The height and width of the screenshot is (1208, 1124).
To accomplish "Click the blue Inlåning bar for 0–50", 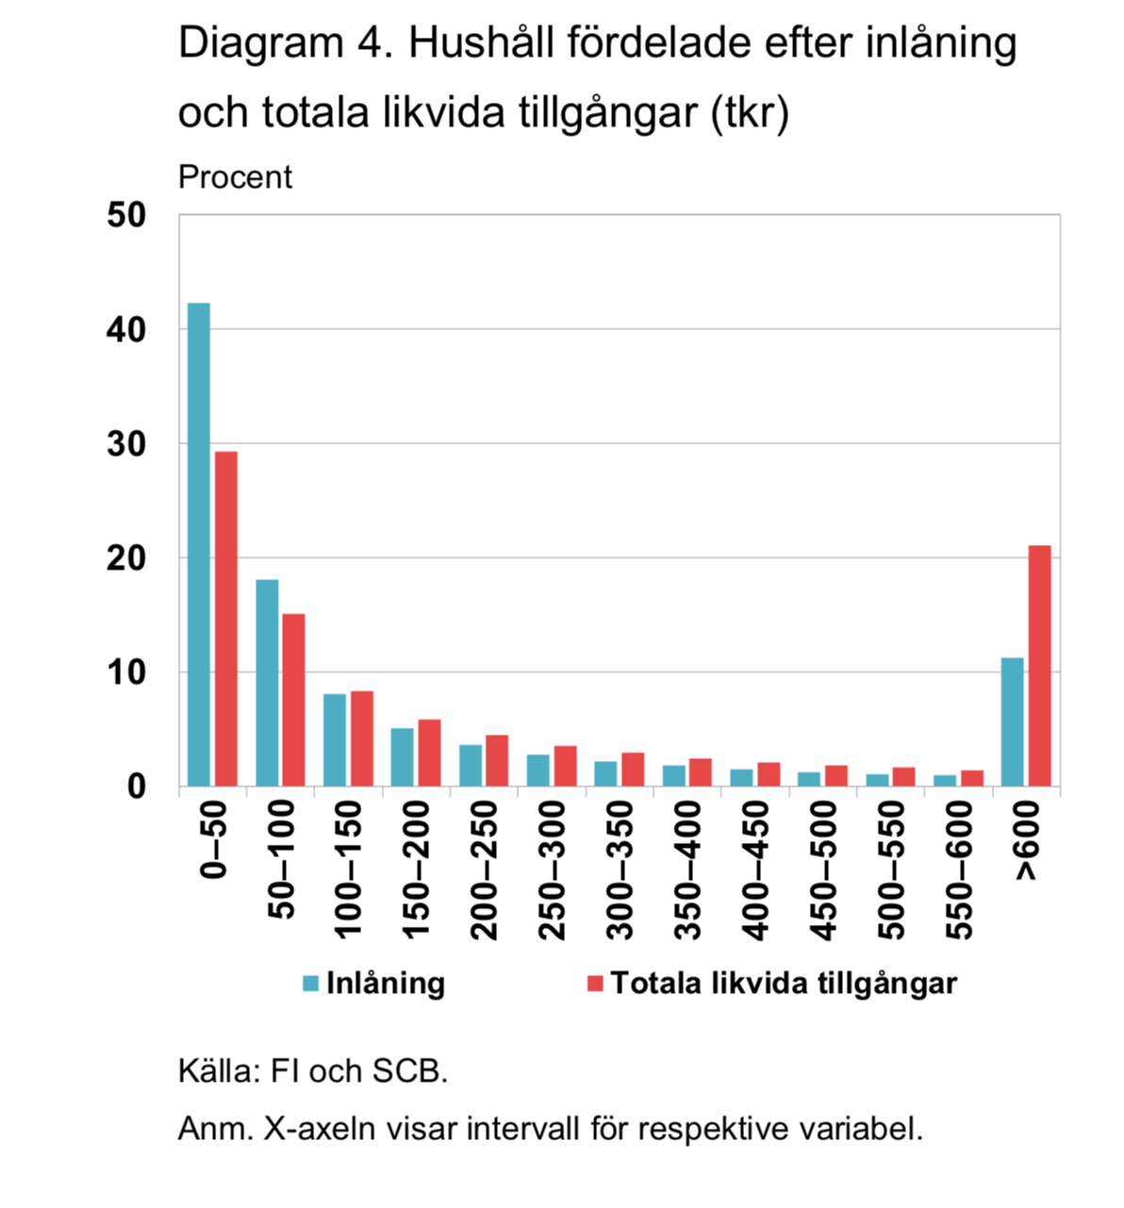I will (199, 544).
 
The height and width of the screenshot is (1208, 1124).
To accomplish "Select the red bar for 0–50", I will (226, 619).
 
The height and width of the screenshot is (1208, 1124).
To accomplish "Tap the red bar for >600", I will (1039, 666).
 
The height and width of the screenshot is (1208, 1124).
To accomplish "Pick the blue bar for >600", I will (1012, 721).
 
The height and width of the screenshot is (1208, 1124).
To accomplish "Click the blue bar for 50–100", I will (267, 683).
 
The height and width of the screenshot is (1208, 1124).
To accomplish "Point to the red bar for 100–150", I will (362, 738).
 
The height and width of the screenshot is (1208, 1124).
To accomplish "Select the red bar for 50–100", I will (294, 700).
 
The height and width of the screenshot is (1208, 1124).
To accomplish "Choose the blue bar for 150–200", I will (403, 757).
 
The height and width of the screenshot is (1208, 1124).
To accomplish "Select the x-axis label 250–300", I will (554, 869).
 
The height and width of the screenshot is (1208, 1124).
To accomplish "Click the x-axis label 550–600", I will (960, 869).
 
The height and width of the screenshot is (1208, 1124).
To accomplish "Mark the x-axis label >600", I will (1027, 841).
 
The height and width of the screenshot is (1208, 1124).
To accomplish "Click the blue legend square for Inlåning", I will (311, 984).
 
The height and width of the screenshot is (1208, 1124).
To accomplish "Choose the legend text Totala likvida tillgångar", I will (784, 984).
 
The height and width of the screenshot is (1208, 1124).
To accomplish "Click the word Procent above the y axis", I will (235, 177).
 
